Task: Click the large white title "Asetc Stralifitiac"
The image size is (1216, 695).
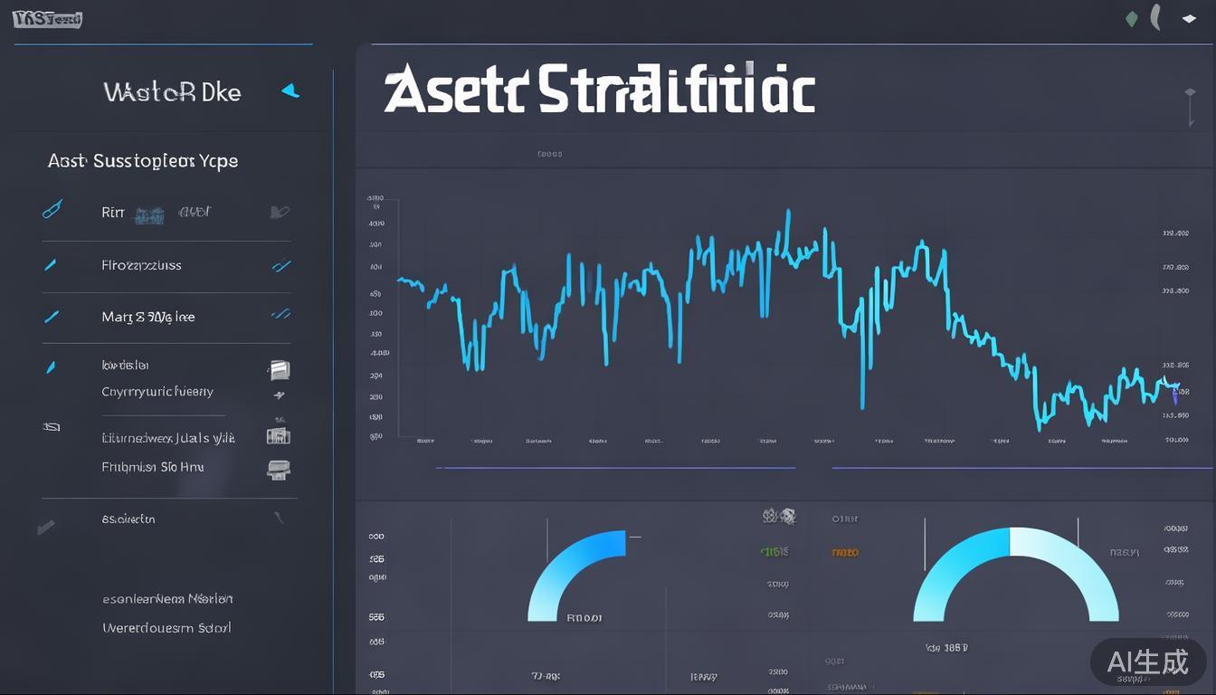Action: (599, 91)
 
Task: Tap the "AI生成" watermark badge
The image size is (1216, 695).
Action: (1148, 662)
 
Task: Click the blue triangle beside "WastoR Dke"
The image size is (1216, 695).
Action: (290, 90)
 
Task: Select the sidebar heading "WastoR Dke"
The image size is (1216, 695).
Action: (172, 91)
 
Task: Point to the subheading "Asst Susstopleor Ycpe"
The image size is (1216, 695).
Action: (143, 161)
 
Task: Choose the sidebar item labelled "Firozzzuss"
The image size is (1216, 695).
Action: (141, 265)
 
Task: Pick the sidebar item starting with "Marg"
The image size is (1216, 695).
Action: (148, 317)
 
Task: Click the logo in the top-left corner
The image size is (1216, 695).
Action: (47, 19)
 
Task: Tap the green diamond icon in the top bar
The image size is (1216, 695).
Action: (1131, 18)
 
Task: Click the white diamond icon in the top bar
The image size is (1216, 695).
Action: (1189, 18)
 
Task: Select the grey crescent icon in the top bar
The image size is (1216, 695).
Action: (1155, 17)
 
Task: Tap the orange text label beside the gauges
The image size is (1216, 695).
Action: (845, 551)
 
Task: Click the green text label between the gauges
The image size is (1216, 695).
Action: (774, 550)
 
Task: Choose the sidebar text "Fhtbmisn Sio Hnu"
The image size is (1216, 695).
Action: (152, 467)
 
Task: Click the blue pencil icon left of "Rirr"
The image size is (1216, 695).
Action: (52, 210)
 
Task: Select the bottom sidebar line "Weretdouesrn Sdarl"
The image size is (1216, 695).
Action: (166, 627)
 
